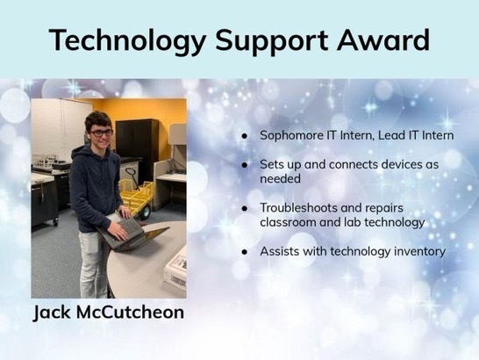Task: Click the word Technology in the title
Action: (127, 40)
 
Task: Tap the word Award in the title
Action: (383, 40)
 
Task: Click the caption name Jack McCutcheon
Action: (109, 312)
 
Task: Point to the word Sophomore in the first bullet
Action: (291, 135)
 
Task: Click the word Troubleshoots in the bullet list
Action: (298, 208)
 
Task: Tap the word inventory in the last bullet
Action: (419, 251)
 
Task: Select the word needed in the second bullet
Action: (280, 178)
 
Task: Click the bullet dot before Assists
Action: (245, 252)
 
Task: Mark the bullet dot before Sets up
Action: (245, 165)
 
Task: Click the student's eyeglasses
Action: (101, 133)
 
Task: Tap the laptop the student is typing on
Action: (132, 234)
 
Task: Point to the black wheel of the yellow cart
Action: (144, 212)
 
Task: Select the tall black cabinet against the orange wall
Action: (137, 146)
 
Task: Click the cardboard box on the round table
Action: (175, 270)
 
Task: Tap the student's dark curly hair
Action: (98, 120)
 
